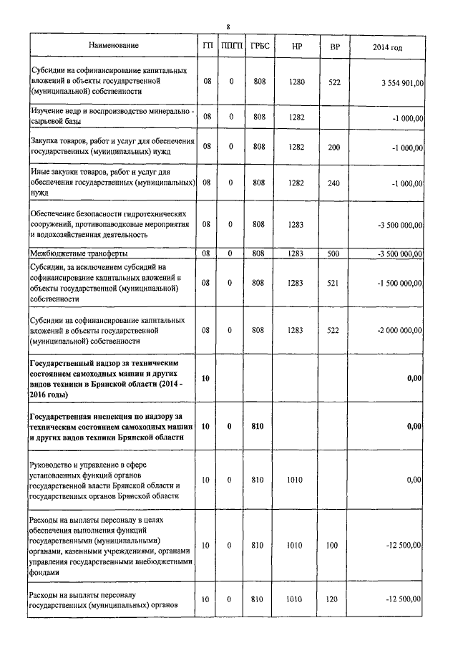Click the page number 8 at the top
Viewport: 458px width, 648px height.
(228, 26)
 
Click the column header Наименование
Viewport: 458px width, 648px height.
(114, 47)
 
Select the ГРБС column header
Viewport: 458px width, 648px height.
(259, 47)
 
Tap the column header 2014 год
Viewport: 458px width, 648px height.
(387, 47)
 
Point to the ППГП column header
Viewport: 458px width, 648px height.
(232, 47)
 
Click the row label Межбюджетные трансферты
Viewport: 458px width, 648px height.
(79, 253)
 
